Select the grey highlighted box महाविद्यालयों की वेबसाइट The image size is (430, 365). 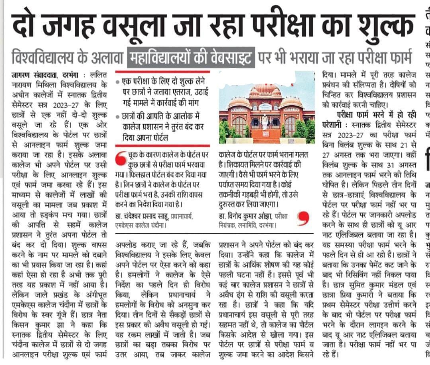coord(190,57)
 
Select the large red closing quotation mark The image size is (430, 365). coord(304,218)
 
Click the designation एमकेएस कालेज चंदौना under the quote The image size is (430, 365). coord(141,225)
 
